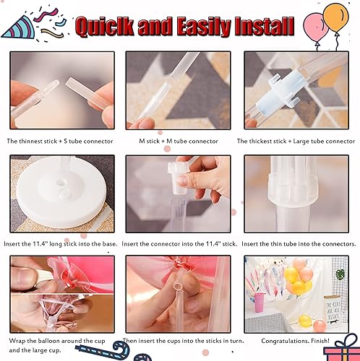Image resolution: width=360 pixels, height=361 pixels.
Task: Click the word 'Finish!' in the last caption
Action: coord(320,340)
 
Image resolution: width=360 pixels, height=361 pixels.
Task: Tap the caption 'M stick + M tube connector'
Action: coord(179,141)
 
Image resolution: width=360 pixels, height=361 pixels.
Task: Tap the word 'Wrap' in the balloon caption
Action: coord(18,340)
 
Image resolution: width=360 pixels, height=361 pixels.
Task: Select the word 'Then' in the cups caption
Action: coord(130,340)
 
